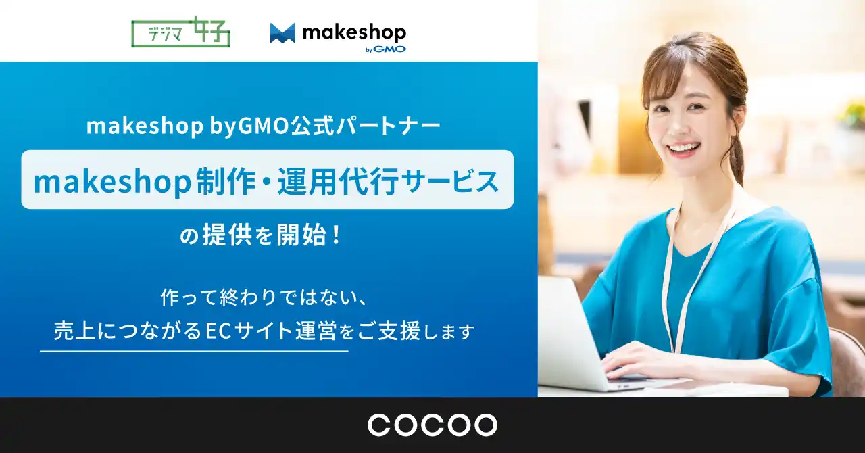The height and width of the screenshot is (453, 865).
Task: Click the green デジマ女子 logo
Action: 180,32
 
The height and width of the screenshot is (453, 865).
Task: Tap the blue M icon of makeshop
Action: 282,33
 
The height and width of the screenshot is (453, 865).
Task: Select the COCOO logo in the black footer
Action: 432,425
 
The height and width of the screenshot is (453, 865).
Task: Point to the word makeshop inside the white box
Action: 112,181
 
